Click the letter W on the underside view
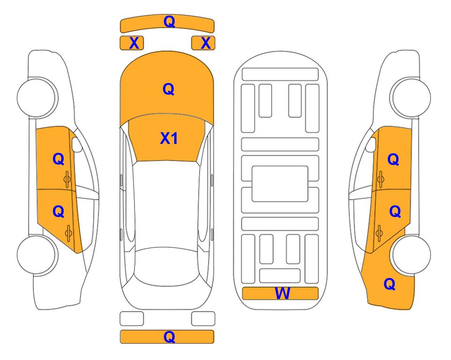282,293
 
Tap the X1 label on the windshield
169,138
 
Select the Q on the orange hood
169,89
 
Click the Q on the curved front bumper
170,22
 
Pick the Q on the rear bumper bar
170,337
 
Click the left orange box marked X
132,43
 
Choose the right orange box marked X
203,43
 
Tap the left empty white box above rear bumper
132,319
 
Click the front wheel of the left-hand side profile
37,97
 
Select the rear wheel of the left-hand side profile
37,255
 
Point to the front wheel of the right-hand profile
411,97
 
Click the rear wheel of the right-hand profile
411,255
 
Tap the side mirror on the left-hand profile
77,144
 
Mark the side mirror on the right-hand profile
371,144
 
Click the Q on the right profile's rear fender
390,284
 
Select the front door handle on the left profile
67,180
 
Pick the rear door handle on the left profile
69,233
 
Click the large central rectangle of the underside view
280,184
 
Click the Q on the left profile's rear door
59,212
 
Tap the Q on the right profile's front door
393,159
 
